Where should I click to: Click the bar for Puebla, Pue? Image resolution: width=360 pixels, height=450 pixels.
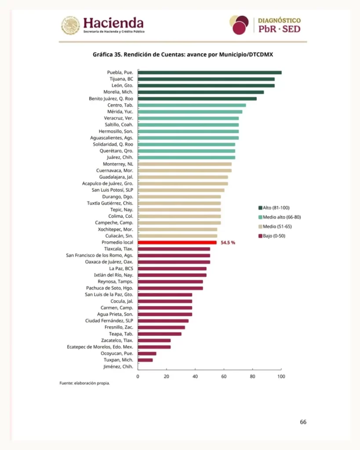(x=210, y=73)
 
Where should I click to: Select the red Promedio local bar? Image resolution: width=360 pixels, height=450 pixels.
(x=177, y=243)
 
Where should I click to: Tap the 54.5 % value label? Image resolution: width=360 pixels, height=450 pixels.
(x=228, y=243)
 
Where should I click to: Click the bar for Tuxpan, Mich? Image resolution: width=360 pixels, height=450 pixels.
(x=145, y=360)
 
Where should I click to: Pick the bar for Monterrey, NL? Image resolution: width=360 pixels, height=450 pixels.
(x=185, y=164)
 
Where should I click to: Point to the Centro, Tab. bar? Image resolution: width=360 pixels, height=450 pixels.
(x=192, y=105)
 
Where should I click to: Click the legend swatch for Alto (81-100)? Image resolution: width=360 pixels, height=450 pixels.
(x=260, y=208)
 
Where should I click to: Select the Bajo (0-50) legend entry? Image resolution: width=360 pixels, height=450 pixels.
(x=272, y=236)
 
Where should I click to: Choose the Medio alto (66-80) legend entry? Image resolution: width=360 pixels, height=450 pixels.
(x=280, y=217)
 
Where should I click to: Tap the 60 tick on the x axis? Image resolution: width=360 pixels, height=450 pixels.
(x=224, y=376)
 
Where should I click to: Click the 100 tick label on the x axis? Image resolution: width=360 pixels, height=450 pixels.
(x=281, y=376)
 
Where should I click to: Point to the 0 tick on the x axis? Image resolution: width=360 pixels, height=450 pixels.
(x=138, y=376)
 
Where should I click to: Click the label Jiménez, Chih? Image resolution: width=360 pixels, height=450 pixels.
(x=118, y=367)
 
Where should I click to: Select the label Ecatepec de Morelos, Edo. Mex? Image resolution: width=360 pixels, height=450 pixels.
(x=100, y=347)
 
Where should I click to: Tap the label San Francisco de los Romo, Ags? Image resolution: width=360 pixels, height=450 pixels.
(x=100, y=255)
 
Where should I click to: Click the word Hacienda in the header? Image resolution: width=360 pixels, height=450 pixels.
(x=113, y=23)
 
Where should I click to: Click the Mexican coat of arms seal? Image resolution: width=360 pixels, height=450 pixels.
(x=70, y=25)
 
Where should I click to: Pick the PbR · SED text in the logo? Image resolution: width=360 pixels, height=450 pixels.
(x=279, y=29)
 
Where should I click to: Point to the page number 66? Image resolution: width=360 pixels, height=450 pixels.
(x=303, y=422)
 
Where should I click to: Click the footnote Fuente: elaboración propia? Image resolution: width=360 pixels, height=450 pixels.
(x=85, y=383)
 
